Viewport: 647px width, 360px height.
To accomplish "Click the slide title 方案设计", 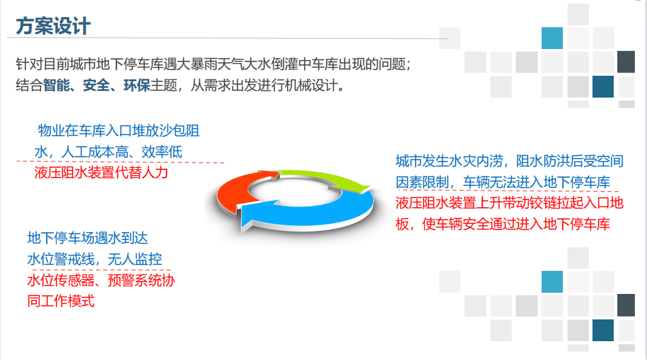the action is pyautogui.click(x=53, y=26).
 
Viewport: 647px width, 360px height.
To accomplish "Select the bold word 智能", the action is pyautogui.click(x=56, y=85).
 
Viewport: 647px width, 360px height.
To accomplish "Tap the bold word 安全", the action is pyautogui.click(x=96, y=85).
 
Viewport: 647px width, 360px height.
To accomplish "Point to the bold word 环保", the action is pyautogui.click(x=136, y=85).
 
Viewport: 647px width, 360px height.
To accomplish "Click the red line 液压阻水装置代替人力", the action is pyautogui.click(x=102, y=172).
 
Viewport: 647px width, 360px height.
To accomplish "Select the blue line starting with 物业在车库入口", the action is pyautogui.click(x=119, y=130).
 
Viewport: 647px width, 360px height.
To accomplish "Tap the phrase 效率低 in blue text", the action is pyautogui.click(x=162, y=152).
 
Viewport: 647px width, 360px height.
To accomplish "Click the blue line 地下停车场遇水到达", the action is pyautogui.click(x=87, y=238).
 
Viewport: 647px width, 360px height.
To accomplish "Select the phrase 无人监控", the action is pyautogui.click(x=135, y=259).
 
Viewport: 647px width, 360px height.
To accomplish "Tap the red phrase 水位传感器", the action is pyautogui.click(x=61, y=281).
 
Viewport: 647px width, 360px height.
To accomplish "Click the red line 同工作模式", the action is pyautogui.click(x=61, y=301).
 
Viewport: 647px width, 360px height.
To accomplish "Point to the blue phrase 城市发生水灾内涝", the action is pyautogui.click(x=450, y=161).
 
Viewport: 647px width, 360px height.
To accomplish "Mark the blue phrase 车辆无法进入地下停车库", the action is pyautogui.click(x=537, y=182).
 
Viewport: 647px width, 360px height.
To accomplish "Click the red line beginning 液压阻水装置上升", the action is pyautogui.click(x=509, y=202).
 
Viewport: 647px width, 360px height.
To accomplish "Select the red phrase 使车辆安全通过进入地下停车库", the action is pyautogui.click(x=516, y=224).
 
